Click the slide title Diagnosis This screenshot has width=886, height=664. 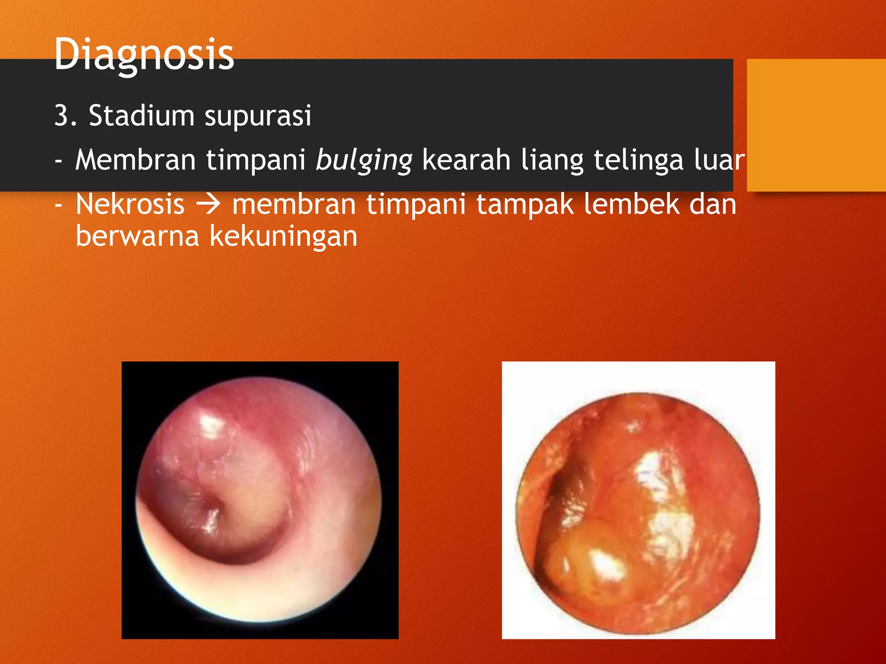point(144,54)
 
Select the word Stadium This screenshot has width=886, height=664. point(141,116)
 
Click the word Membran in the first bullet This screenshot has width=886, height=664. point(135,160)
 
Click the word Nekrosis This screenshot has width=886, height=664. point(130,204)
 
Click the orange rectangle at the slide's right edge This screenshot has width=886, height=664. point(816,125)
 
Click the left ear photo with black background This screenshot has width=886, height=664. point(260,500)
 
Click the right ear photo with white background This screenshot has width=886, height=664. point(638,500)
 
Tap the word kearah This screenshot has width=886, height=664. point(466,160)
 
